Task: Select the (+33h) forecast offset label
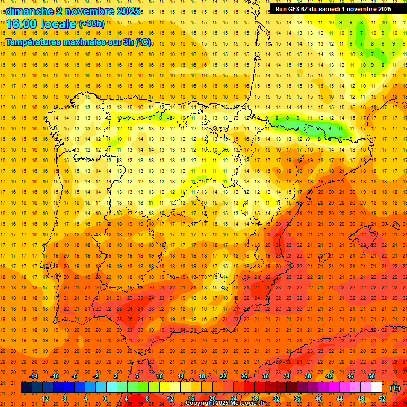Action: click(x=92, y=24)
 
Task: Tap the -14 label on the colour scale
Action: click(x=34, y=376)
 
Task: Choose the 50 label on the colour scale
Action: click(x=371, y=376)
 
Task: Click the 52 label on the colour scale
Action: click(x=382, y=399)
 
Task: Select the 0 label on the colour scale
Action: click(x=105, y=399)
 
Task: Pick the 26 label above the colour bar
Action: click(x=244, y=376)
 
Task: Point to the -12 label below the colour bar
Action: click(x=45, y=399)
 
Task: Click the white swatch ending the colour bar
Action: click(x=377, y=387)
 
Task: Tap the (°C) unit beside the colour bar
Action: click(x=395, y=388)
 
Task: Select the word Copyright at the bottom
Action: click(x=201, y=403)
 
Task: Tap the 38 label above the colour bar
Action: click(x=308, y=376)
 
